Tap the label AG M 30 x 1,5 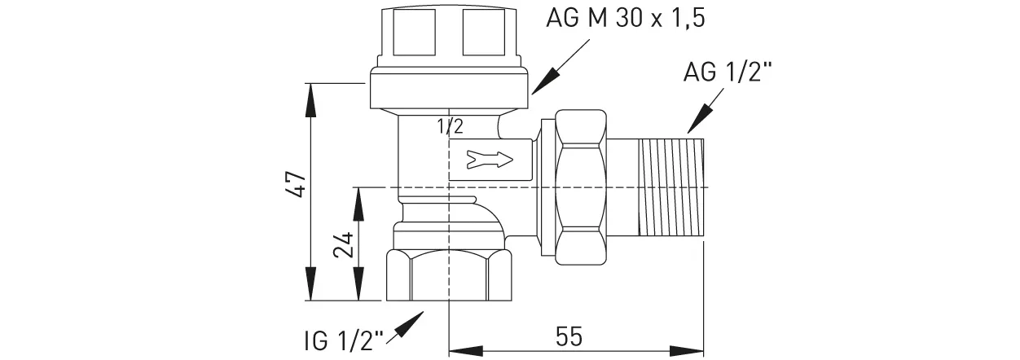point(624,18)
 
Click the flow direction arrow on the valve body point(488,159)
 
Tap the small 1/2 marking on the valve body point(450,126)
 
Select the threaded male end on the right point(671,188)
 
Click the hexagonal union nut point(580,188)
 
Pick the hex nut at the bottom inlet point(449,278)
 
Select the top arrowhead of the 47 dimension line point(310,94)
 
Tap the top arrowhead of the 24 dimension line point(356,200)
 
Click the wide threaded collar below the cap point(449,90)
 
